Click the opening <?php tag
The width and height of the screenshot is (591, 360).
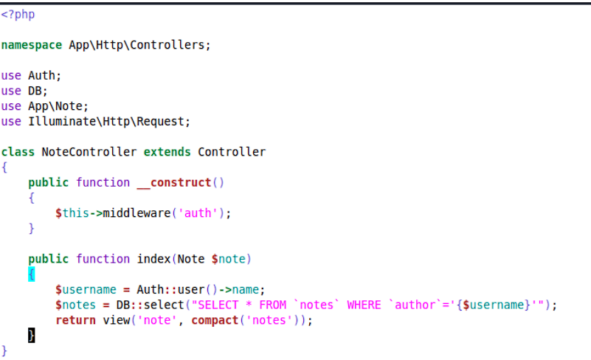tap(18, 14)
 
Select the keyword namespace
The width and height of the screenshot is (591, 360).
tap(32, 45)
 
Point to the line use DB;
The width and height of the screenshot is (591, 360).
tap(24, 91)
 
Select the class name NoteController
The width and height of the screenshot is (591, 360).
tap(89, 152)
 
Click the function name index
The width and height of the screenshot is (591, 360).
tap(153, 259)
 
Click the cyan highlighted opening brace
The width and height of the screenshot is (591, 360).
tap(32, 274)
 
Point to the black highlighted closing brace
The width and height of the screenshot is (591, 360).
tap(32, 336)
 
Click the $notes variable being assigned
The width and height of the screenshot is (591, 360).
tap(75, 305)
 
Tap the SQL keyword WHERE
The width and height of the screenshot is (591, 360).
tap(364, 305)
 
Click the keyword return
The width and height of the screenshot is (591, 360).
tap(75, 320)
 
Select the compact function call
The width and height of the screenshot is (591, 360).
tap(215, 320)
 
